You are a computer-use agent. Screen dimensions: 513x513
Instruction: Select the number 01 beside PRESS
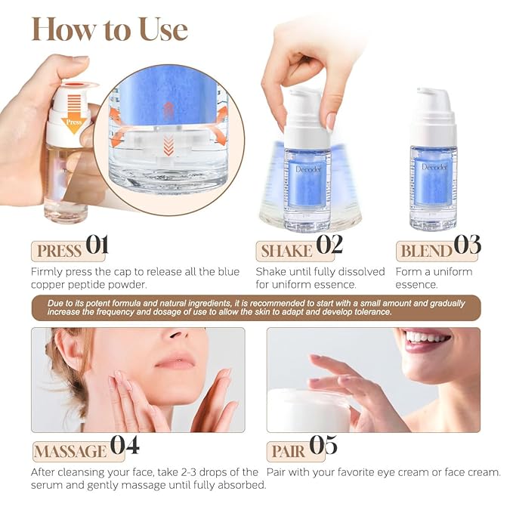97,246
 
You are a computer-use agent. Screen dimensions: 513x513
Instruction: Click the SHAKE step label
286,251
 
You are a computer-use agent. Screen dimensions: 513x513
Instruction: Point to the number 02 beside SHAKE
329,245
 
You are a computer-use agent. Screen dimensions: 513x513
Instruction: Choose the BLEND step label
425,251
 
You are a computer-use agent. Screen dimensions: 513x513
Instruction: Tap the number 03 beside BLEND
467,246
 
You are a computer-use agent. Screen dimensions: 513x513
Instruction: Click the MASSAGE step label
70,451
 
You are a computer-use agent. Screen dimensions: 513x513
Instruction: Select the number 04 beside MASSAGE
125,446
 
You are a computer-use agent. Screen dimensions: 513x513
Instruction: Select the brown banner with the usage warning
255,307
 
